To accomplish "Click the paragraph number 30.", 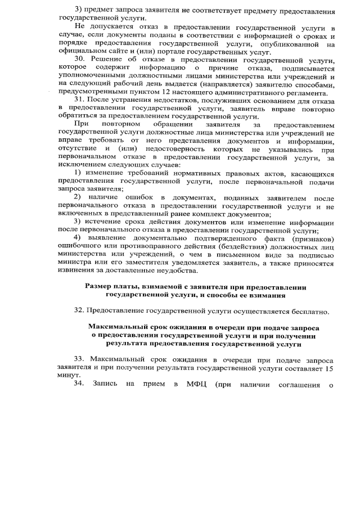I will point(79,60).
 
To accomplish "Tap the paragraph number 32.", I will point(79,310).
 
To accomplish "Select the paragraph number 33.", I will point(79,359).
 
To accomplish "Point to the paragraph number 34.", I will point(79,384).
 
